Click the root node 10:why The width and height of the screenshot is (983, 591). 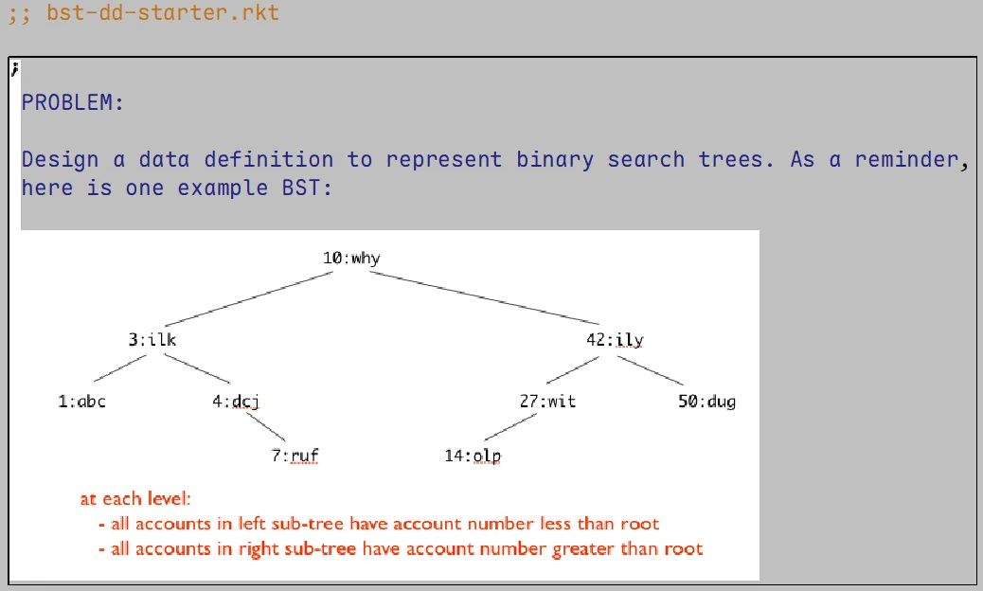pyautogui.click(x=351, y=259)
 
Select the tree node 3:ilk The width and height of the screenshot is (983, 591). pyautogui.click(x=152, y=340)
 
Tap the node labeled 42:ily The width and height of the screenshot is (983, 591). pyautogui.click(x=615, y=340)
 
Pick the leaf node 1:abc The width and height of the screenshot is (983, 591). pyautogui.click(x=81, y=402)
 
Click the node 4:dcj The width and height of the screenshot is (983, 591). pyautogui.click(x=236, y=402)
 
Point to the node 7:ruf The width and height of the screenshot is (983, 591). pyautogui.click(x=295, y=457)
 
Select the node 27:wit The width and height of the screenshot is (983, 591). pyautogui.click(x=546, y=402)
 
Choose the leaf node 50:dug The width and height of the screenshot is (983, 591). pyautogui.click(x=706, y=402)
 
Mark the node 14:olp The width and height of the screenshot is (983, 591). pyautogui.click(x=472, y=457)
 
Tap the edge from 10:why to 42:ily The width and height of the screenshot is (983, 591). pyautogui.click(x=483, y=298)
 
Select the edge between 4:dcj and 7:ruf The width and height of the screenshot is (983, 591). pyautogui.click(x=269, y=428)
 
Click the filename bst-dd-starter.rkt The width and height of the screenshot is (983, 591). pyautogui.click(x=163, y=14)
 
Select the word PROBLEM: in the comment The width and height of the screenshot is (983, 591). pyautogui.click(x=73, y=102)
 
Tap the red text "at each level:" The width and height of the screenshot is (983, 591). pyautogui.click(x=136, y=499)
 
